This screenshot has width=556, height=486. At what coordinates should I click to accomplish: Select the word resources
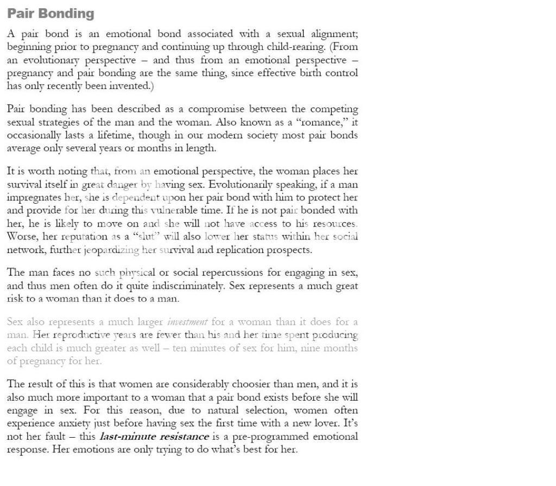(334, 223)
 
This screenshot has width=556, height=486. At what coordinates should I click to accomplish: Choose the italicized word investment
(187, 322)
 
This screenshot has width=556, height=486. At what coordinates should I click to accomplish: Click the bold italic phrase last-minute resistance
(154, 437)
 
